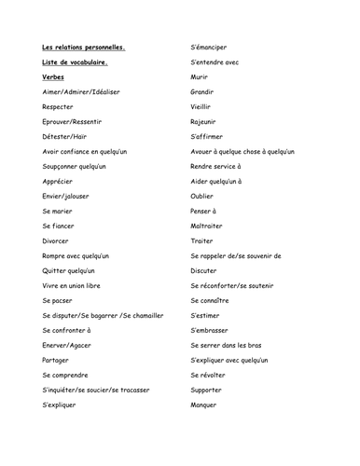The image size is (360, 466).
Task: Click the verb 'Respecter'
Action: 60,106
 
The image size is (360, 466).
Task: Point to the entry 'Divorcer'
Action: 57,240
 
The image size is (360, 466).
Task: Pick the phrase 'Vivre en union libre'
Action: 76,285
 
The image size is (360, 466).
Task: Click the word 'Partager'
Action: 56,360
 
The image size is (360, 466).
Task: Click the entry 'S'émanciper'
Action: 209,47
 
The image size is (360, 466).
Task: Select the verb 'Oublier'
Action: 202,196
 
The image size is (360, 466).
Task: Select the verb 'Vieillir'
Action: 202,106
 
